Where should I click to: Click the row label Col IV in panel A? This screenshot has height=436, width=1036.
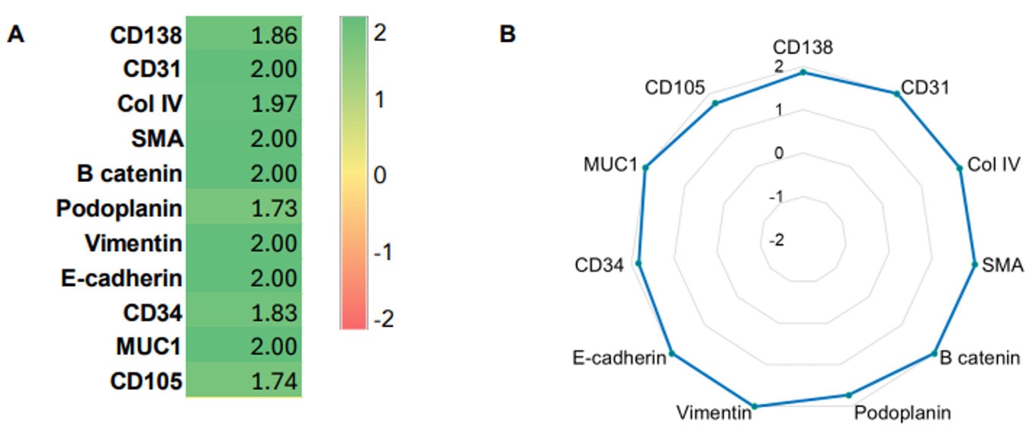pos(150,104)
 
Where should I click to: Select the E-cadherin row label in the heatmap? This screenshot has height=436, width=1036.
pos(122,278)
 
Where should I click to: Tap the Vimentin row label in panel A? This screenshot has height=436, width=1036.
pos(133,243)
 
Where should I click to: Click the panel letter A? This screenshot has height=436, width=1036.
pos(16,34)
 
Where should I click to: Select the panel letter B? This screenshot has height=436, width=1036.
pos(507,34)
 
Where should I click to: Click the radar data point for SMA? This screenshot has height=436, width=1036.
pos(974,265)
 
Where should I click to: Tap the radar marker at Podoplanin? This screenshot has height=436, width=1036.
pos(849,395)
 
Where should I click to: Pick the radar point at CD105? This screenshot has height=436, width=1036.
pos(715,103)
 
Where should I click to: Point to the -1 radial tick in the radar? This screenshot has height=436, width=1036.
pos(777,197)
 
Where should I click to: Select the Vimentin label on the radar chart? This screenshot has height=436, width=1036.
pos(713,413)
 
